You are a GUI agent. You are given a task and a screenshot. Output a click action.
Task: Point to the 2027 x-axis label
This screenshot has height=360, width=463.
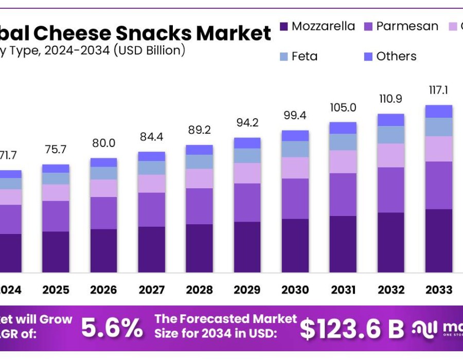pyautogui.click(x=151, y=290)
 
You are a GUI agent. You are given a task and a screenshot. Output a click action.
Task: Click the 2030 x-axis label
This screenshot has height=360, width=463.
pyautogui.click(x=295, y=290)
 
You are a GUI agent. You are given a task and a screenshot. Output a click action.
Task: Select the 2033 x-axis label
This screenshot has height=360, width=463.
pyautogui.click(x=438, y=290)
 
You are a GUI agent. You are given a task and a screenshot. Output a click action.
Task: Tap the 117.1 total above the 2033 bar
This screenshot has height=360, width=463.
pyautogui.click(x=438, y=91)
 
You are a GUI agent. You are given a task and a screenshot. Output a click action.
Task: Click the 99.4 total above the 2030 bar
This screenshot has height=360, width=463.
pyautogui.click(x=295, y=116)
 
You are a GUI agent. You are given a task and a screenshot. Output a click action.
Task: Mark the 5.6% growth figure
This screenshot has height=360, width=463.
pyautogui.click(x=113, y=328)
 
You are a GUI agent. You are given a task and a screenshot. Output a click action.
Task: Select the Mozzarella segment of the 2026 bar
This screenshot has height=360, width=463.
pyautogui.click(x=103, y=250)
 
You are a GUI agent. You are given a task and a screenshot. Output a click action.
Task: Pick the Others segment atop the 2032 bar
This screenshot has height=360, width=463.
pyautogui.click(x=390, y=120)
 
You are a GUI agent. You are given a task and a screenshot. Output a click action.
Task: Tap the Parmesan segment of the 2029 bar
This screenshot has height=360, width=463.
pyautogui.click(x=247, y=203)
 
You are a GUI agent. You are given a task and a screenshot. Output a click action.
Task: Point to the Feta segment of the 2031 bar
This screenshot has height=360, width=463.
pyautogui.click(x=343, y=142)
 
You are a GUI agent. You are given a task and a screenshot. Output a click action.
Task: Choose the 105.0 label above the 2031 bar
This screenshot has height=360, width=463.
pyautogui.click(x=343, y=107)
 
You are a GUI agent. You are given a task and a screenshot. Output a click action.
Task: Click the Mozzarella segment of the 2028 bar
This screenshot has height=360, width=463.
pyautogui.click(x=199, y=248)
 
